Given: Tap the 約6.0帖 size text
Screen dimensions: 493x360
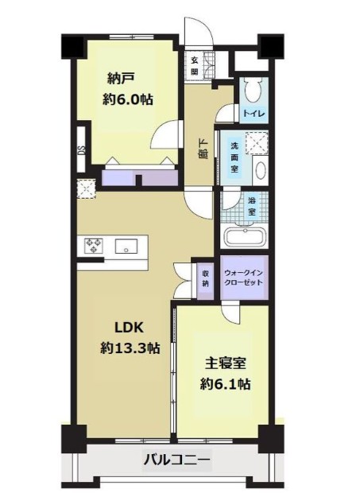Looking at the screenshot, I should point(127,100).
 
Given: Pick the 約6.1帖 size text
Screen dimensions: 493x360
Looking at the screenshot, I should point(226,384).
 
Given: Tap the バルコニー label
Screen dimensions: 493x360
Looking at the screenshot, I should point(176,459).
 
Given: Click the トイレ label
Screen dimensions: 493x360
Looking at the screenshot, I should point(253,114).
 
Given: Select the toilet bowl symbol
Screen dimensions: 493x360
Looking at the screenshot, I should point(252,87).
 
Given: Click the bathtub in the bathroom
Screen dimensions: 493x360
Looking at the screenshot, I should point(245,238).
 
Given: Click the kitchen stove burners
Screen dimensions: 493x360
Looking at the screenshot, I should point(92,246).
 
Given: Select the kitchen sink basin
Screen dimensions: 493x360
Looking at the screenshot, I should point(126,246).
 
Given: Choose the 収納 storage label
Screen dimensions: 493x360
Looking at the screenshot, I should point(205,278).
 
